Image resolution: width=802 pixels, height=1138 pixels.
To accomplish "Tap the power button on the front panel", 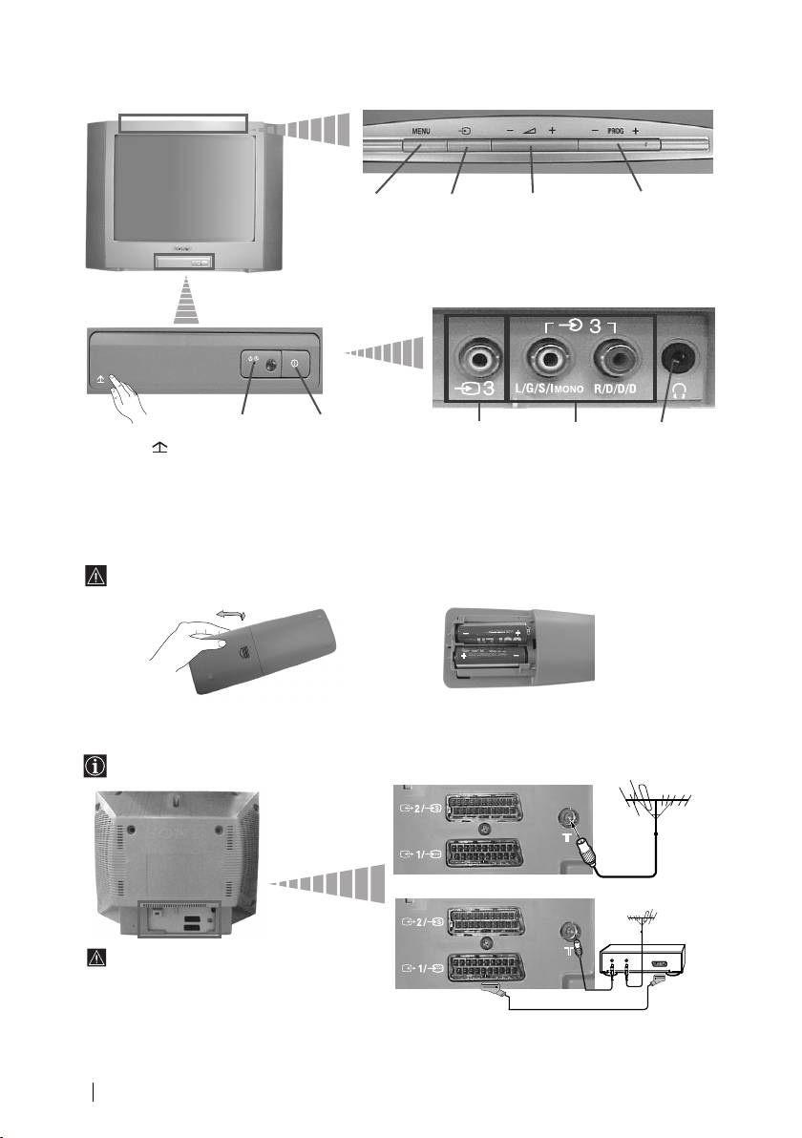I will (x=294, y=363).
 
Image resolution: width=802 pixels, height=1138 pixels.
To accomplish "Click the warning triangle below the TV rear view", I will (x=102, y=958).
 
